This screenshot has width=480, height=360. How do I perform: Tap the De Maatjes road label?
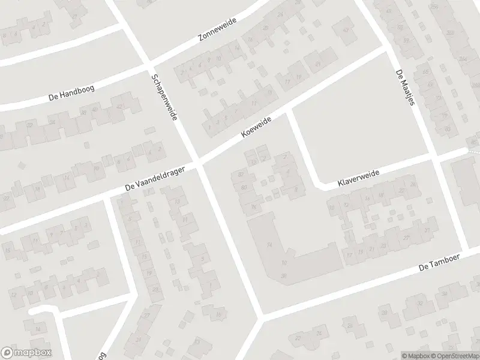405,88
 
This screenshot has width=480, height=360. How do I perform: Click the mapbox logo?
26,353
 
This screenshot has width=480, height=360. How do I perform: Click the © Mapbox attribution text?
416,355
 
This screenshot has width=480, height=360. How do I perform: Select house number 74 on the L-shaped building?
269,245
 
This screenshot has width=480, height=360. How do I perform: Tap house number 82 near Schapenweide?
241,175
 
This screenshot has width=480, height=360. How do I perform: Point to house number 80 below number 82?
244,188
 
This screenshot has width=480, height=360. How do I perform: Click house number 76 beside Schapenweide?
254,207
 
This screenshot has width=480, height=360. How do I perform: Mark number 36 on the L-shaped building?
283,275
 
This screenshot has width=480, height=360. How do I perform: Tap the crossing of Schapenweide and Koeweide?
199,162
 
